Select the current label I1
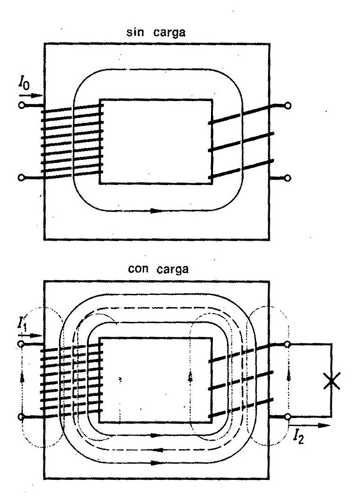pos(22,321)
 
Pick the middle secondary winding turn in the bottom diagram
pos(242,381)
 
